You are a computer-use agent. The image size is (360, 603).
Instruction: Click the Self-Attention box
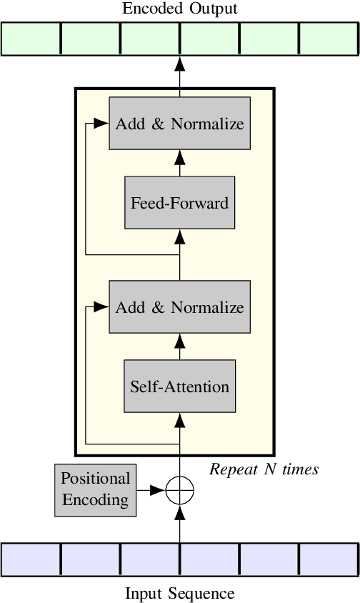179,387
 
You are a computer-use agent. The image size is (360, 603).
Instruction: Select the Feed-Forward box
179,202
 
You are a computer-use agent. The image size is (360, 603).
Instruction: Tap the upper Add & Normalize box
179,124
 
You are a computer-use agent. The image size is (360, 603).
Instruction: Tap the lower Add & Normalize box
179,307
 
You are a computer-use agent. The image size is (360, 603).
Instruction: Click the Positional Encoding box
95,489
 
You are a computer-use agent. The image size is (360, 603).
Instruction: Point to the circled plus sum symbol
179,490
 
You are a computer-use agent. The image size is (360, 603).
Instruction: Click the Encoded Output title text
179,9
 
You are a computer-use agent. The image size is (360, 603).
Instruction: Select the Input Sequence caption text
179,593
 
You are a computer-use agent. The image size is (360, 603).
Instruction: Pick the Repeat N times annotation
264,469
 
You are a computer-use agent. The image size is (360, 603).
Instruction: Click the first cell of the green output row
31,39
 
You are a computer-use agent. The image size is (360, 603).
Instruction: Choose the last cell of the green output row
328,39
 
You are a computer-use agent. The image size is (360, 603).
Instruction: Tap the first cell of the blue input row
31,559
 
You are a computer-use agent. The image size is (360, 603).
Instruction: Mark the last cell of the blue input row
328,559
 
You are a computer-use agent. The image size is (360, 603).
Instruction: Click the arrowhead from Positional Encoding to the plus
159,490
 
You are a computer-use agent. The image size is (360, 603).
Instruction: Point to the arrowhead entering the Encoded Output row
179,63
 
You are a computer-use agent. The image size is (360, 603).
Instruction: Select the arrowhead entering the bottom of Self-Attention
179,419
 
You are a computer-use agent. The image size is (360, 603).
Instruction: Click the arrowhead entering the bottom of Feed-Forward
179,236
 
